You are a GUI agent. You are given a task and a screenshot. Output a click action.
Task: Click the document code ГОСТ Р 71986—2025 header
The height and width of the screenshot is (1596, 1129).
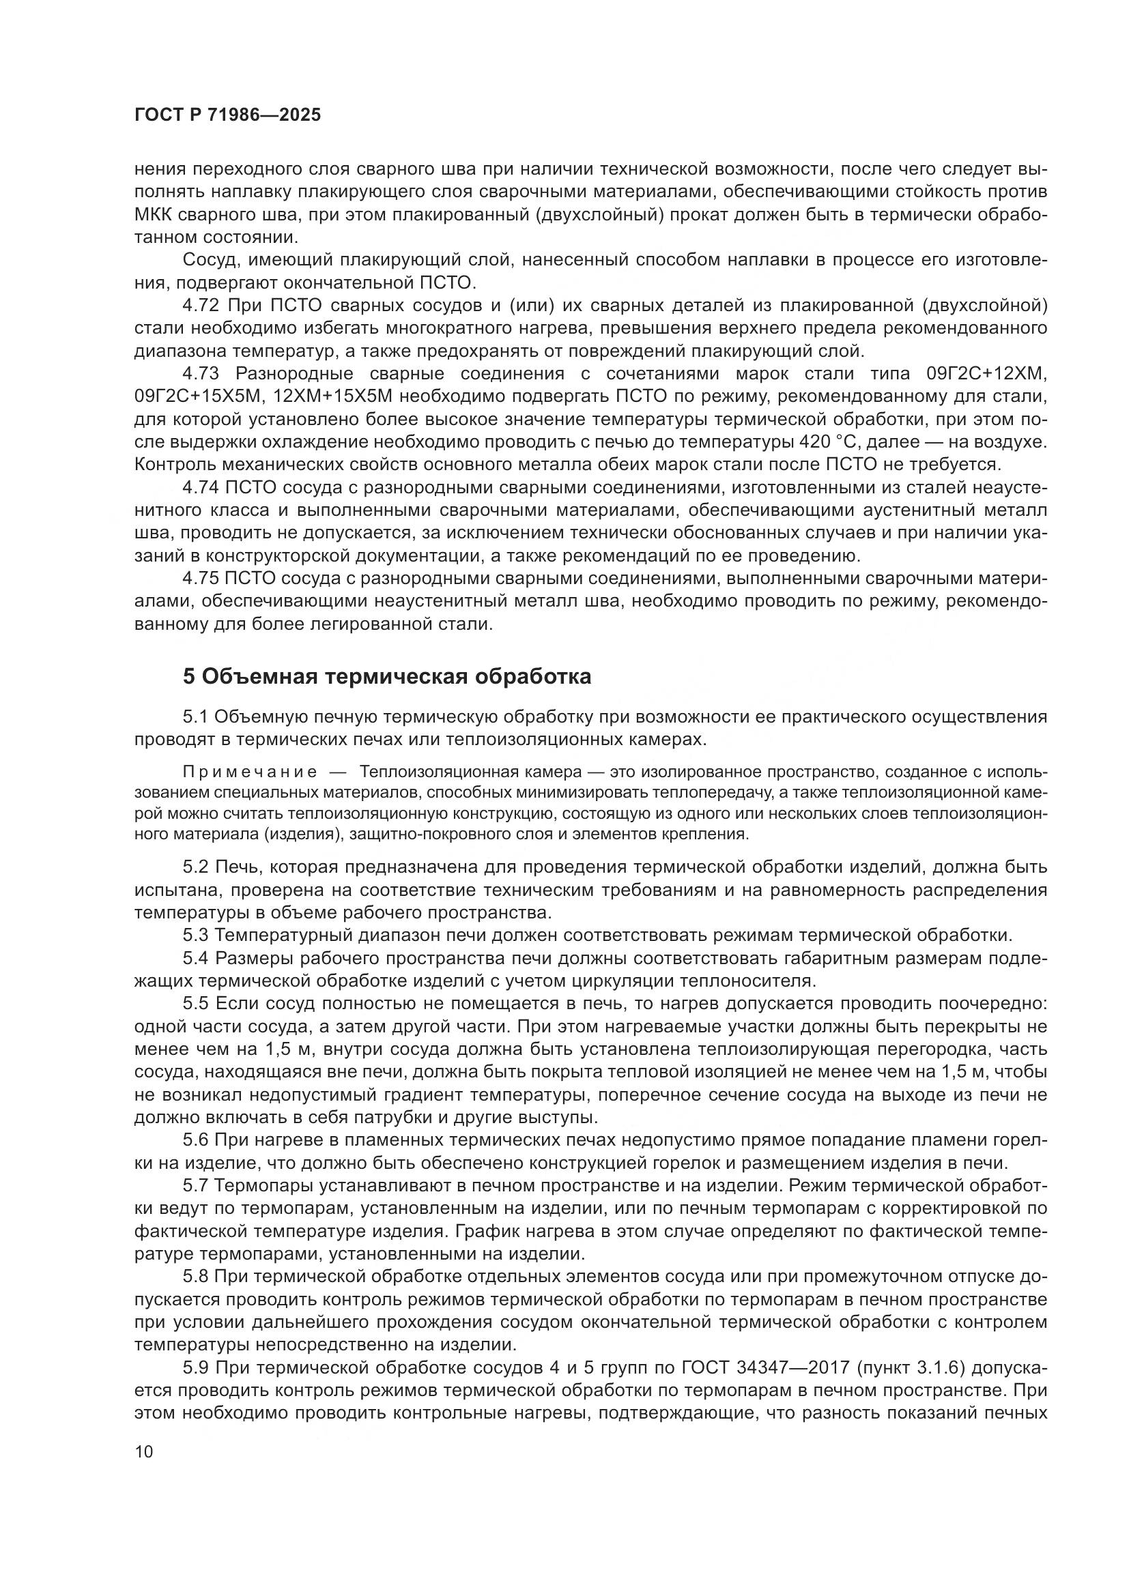tap(227, 115)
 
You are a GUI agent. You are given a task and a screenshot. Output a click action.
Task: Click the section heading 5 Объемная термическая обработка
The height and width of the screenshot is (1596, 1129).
tap(386, 676)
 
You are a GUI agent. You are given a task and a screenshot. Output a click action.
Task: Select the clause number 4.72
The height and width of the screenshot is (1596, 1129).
tap(201, 305)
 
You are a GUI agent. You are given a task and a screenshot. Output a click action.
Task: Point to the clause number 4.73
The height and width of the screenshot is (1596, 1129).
tap(201, 374)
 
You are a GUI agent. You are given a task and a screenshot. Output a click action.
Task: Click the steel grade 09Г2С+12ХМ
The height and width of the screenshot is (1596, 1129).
tap(986, 374)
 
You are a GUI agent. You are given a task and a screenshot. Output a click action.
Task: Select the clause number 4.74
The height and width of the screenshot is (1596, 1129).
tap(201, 488)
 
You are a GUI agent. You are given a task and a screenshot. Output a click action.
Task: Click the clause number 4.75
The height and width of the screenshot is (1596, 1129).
tap(201, 579)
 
